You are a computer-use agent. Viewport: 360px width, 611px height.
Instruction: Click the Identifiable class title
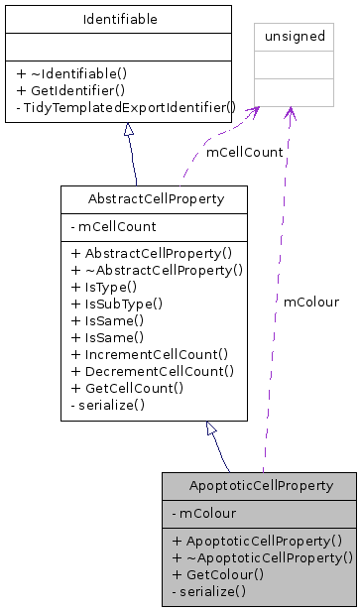tap(120, 19)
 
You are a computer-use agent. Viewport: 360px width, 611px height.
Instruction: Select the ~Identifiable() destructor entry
tap(78, 72)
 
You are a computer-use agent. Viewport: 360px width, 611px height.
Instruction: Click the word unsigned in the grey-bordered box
tap(290, 37)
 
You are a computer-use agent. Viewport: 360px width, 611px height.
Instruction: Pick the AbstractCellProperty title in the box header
tap(154, 199)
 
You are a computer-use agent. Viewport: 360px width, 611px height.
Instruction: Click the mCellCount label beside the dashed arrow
tap(244, 153)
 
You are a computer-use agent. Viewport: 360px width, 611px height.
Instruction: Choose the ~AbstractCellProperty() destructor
tap(157, 269)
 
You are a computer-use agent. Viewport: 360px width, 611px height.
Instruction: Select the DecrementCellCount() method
tap(153, 370)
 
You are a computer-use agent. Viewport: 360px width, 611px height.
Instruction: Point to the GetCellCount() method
tap(128, 387)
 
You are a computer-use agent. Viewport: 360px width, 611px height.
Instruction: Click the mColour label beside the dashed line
tap(310, 302)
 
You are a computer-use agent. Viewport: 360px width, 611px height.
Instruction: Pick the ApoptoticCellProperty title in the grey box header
tap(259, 486)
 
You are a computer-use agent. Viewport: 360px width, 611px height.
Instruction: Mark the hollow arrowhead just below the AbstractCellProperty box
tap(210, 428)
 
